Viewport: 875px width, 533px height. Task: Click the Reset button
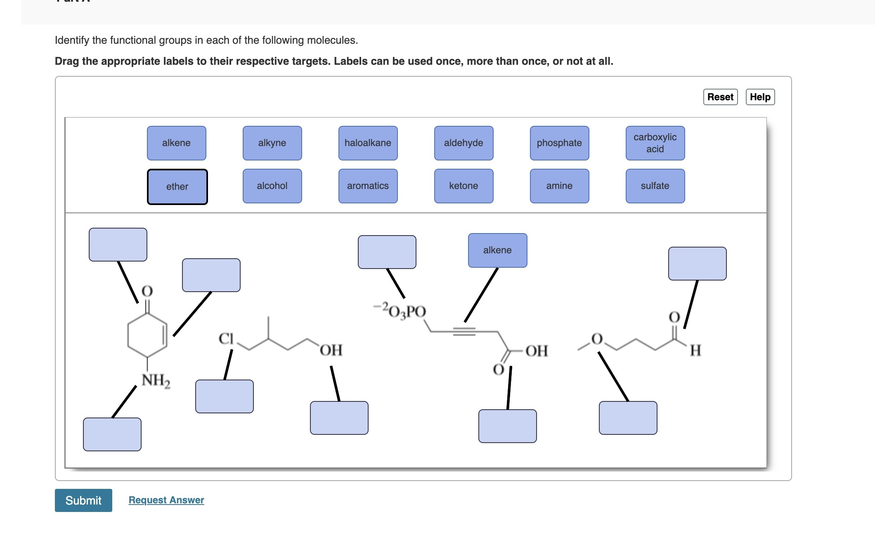coord(720,97)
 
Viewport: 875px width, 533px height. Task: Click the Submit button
coord(83,500)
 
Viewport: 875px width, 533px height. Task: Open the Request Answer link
coord(166,500)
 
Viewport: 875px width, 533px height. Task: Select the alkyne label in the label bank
coord(272,143)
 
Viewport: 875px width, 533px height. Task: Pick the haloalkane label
coord(368,143)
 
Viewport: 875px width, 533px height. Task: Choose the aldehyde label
coord(464,143)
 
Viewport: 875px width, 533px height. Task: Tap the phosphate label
coord(559,143)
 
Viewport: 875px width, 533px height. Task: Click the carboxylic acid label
coord(655,143)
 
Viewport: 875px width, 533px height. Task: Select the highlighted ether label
coord(177,186)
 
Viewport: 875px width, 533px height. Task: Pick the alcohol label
coord(272,186)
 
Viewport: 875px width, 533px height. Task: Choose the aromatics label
coord(368,186)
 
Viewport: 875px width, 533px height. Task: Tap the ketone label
coord(464,186)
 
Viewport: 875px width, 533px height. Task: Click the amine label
coord(559,186)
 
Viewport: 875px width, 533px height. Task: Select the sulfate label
coord(655,186)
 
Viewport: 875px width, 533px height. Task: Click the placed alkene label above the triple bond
coord(497,250)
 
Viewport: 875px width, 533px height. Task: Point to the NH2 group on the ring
coord(156,380)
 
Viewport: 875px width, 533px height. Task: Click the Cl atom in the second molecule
coord(226,339)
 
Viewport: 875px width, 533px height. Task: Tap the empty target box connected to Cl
coord(224,396)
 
